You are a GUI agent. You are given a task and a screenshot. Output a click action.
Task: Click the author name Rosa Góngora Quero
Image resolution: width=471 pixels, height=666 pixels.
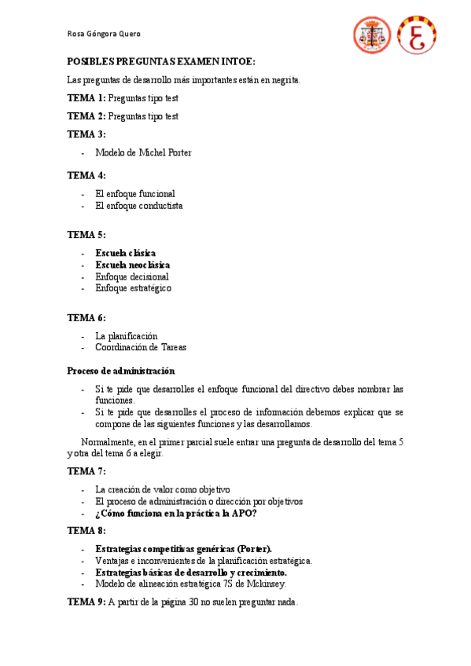tap(104, 34)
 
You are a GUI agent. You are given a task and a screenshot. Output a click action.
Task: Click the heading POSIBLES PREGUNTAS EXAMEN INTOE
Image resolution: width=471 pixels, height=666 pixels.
tap(161, 61)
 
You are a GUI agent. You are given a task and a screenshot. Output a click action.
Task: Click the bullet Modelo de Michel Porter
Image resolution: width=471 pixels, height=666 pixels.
tap(143, 152)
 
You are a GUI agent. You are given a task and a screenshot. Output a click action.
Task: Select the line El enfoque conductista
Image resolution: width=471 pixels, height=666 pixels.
tap(139, 206)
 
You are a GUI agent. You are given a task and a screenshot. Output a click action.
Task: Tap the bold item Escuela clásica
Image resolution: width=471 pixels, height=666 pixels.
tap(125, 253)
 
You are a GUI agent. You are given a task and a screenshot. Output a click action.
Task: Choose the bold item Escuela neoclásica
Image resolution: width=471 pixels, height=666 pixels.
tap(132, 265)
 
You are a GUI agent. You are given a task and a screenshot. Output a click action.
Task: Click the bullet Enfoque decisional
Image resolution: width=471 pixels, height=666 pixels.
tap(131, 276)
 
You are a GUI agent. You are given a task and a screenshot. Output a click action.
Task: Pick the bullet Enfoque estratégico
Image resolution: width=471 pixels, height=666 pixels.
tap(133, 288)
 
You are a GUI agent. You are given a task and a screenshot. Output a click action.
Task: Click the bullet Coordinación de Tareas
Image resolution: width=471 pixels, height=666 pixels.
tap(141, 347)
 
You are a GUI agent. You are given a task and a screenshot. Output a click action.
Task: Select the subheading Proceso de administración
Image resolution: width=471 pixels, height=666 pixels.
tap(121, 371)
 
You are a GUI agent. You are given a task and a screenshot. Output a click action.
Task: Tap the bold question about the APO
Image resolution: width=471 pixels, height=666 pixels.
tap(176, 514)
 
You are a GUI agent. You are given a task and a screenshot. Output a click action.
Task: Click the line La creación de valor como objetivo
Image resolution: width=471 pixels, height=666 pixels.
tap(162, 489)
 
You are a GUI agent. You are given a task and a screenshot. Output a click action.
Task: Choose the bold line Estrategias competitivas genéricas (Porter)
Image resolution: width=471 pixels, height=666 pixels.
tap(184, 549)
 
